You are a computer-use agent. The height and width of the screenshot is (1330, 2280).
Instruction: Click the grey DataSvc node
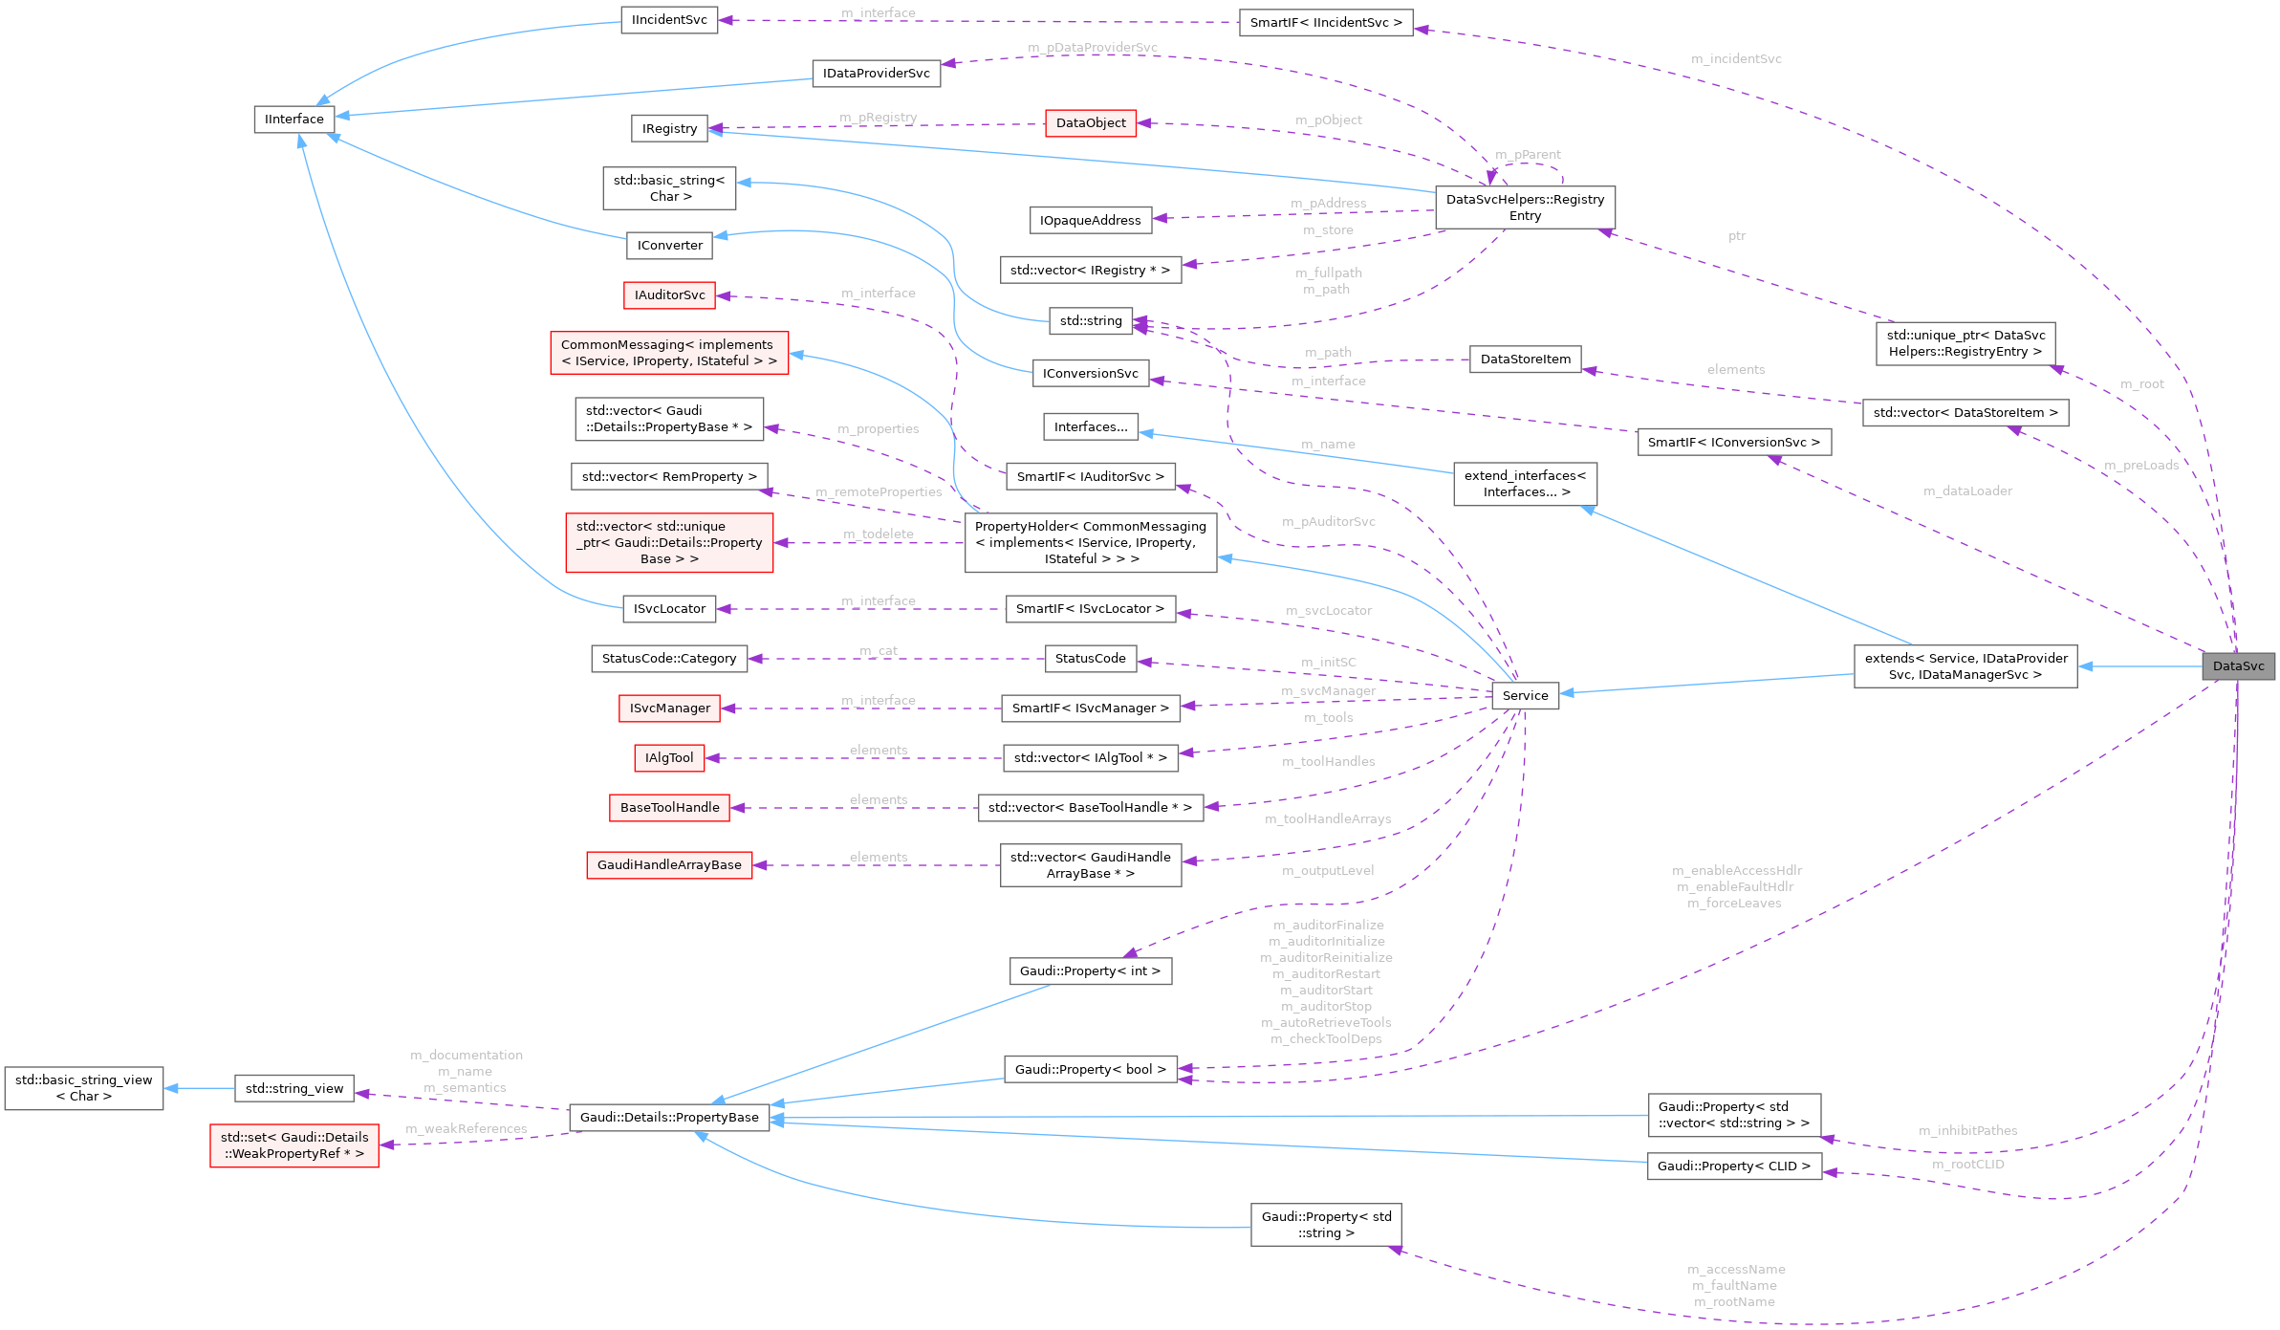[2238, 666]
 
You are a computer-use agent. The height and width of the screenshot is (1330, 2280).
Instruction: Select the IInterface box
[294, 120]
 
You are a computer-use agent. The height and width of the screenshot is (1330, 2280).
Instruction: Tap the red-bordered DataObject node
[1091, 123]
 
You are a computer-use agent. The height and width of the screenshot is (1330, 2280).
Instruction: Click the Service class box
[1525, 696]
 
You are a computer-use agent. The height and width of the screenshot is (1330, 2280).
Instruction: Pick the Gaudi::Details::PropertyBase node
[669, 1118]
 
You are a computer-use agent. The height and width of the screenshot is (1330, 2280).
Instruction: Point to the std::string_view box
[294, 1089]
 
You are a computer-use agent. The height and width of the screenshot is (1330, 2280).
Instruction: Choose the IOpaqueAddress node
[1090, 221]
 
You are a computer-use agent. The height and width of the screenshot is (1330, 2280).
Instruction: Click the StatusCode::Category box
[669, 659]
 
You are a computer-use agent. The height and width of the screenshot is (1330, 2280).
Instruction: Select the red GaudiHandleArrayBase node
[669, 865]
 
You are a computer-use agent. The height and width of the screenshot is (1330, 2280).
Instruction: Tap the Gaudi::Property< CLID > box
[1734, 1166]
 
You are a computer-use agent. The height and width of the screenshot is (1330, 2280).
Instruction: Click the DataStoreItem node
[1526, 360]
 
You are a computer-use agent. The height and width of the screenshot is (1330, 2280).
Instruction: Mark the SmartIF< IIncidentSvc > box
[1326, 23]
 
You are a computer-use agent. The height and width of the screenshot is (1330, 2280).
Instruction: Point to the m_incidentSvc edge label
[1736, 59]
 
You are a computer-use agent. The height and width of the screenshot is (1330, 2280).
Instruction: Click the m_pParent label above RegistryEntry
[1528, 155]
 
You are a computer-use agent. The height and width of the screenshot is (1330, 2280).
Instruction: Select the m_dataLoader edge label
[1967, 491]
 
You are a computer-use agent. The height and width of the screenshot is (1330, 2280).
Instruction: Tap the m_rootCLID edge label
[1967, 1165]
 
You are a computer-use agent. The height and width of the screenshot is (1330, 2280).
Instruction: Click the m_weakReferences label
[467, 1129]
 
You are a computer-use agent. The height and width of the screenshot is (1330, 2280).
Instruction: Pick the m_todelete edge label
[879, 534]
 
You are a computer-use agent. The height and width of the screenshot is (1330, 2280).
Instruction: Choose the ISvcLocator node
[669, 609]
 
